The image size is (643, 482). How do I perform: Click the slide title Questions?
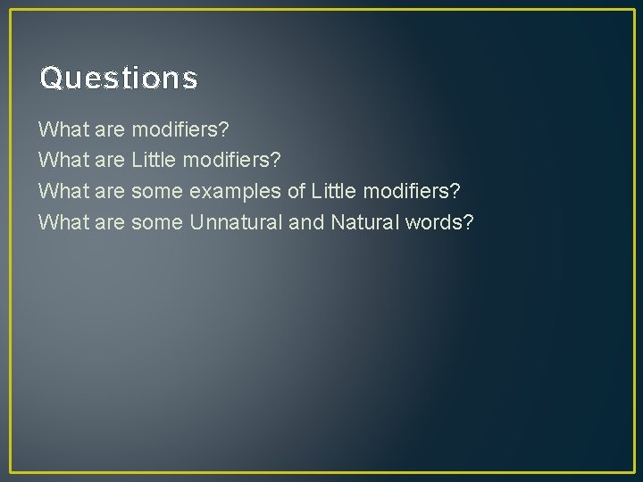[x=119, y=79]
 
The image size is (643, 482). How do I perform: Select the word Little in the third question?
[x=333, y=191]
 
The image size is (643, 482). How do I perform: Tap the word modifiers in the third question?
[x=410, y=191]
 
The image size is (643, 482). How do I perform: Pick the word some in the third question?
[x=157, y=191]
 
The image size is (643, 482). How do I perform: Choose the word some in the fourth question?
[x=157, y=221]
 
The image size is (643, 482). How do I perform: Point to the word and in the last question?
[x=306, y=221]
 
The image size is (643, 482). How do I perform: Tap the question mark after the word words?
[x=468, y=221]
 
